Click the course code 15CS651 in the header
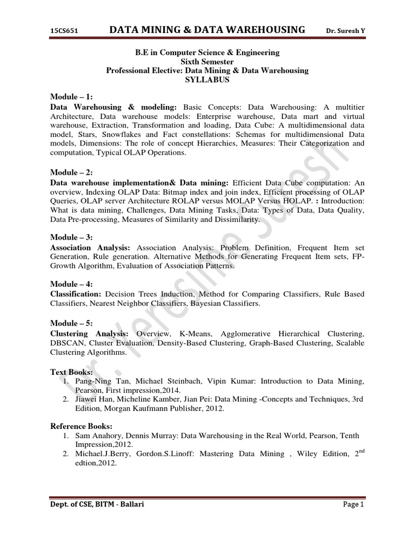pos(64,31)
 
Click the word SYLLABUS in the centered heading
pos(207,80)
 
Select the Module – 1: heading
pos(72,97)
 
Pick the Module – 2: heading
pos(72,172)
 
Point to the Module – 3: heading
pos(72,237)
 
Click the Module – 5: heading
pos(72,323)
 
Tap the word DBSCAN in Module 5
pos(68,343)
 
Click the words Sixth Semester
pos(207,61)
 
